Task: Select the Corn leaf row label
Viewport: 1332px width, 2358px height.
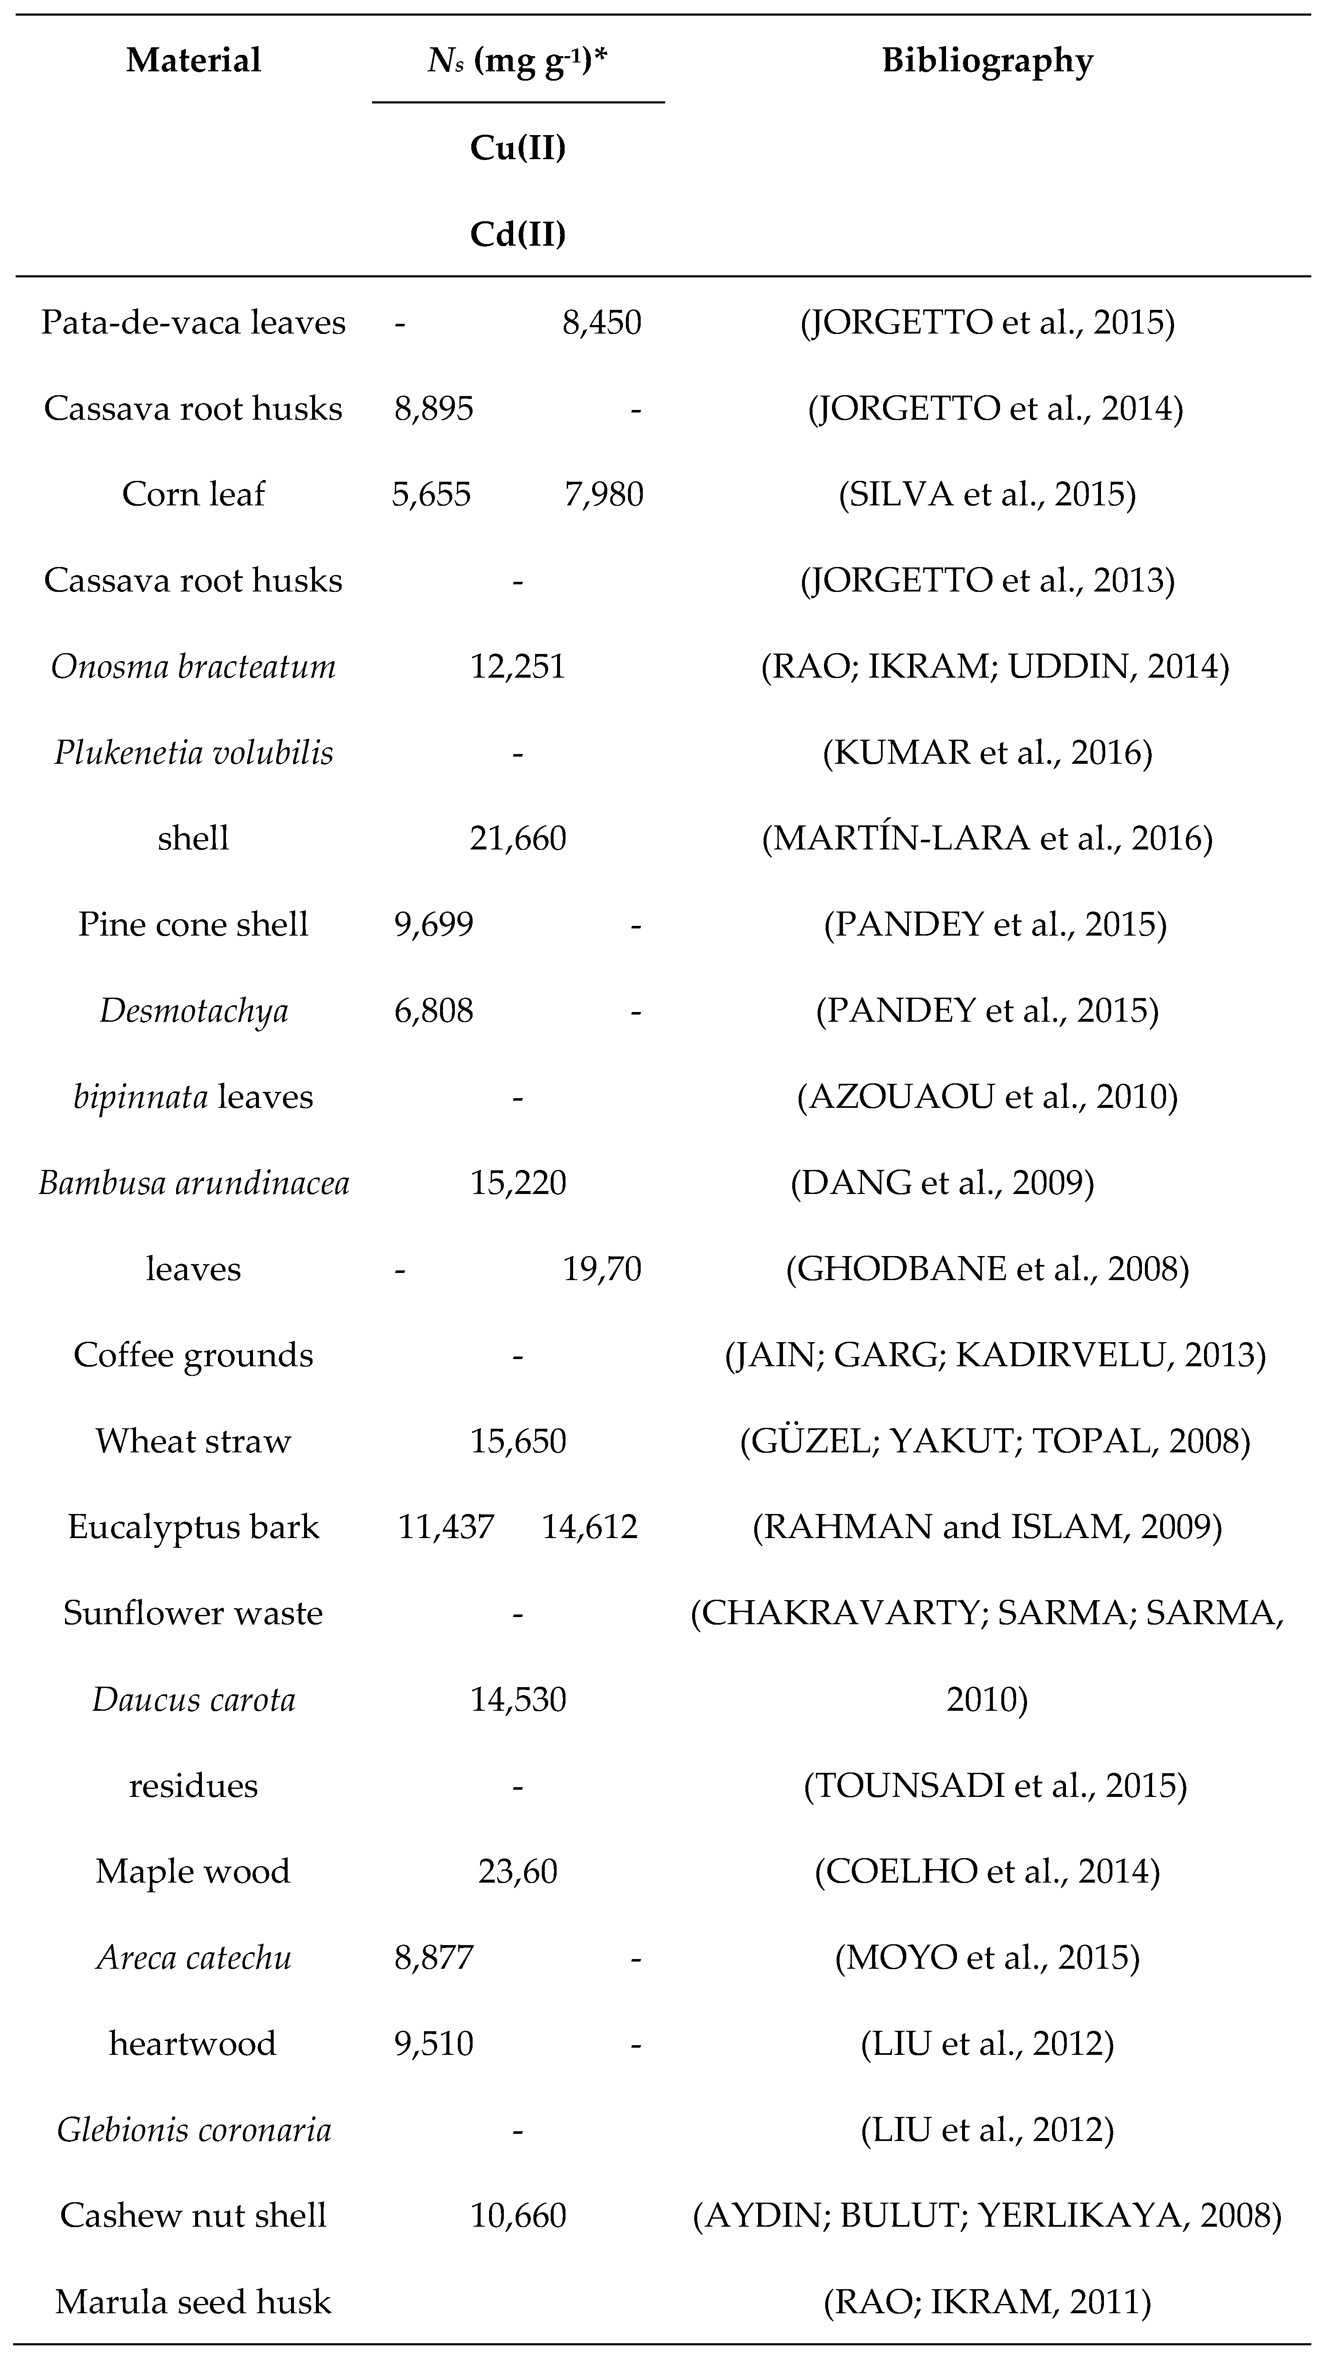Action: (193, 494)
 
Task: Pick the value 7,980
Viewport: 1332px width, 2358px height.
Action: (603, 494)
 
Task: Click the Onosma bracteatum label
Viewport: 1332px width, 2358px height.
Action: (193, 666)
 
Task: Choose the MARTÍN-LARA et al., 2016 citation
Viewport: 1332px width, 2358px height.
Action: (987, 838)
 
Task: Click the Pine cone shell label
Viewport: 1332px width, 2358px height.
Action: (193, 925)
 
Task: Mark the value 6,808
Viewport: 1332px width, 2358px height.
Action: (434, 1011)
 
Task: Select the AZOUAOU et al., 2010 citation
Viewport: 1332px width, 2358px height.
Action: (987, 1096)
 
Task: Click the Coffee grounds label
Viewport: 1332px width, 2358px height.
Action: (193, 1355)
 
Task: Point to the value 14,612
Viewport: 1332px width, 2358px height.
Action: (590, 1527)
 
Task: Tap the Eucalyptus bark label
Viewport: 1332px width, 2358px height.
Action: (193, 1527)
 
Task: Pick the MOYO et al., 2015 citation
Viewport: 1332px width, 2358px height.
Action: (987, 1957)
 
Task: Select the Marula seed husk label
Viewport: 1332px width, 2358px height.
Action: (193, 2301)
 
